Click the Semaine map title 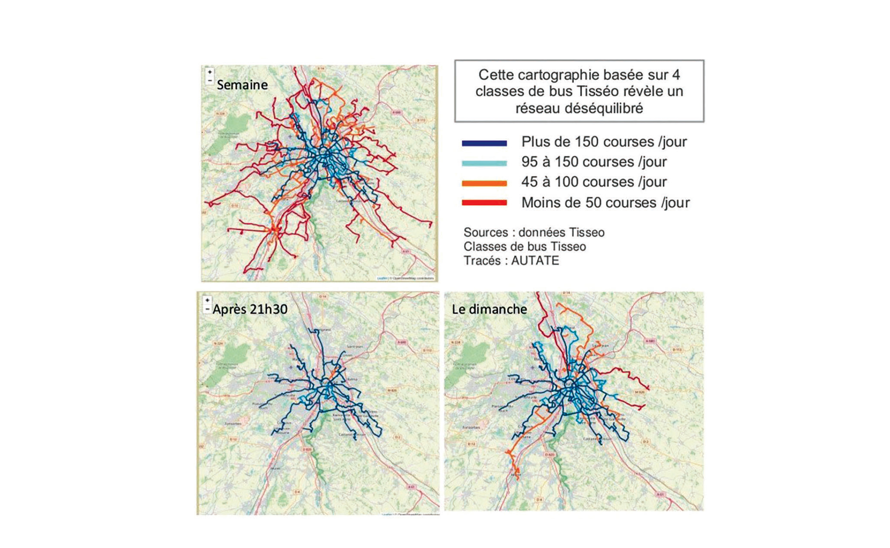tap(242, 85)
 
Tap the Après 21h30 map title tap(250, 309)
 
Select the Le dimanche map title tap(489, 309)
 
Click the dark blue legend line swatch tap(484, 143)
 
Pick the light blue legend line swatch tap(484, 163)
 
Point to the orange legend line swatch tap(484, 184)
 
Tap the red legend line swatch tap(484, 203)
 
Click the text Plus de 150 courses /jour tap(604, 142)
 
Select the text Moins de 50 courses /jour tap(605, 203)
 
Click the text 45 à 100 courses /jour tap(594, 182)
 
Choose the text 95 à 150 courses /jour tap(594, 162)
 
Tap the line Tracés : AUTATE tap(511, 261)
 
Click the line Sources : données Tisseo tap(534, 233)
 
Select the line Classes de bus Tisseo tap(525, 247)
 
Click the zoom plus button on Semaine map tap(210, 72)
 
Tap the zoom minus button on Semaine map tap(210, 80)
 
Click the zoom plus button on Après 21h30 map tap(207, 300)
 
